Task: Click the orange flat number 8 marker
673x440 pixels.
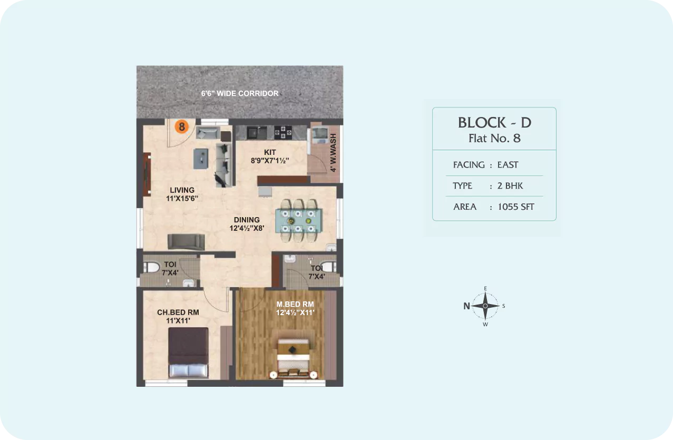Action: click(x=182, y=126)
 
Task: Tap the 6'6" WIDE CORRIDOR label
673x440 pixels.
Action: click(x=240, y=93)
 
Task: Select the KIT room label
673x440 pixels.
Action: click(x=270, y=152)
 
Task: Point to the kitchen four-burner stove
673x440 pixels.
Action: click(x=282, y=132)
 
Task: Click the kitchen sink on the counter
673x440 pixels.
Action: click(x=256, y=132)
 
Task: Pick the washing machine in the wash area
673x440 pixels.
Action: click(x=320, y=135)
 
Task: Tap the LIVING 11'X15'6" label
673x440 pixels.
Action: click(x=182, y=194)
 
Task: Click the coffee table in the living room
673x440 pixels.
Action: click(x=201, y=158)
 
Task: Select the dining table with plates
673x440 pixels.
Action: click(x=298, y=221)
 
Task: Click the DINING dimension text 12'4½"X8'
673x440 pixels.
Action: click(x=247, y=228)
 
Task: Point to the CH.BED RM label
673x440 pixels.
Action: click(x=178, y=312)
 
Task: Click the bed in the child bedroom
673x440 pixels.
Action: click(x=188, y=353)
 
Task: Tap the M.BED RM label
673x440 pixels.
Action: click(x=295, y=304)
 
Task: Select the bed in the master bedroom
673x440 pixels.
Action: click(x=294, y=358)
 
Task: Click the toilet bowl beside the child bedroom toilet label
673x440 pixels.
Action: click(x=151, y=267)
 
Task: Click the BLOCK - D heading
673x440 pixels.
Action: click(x=494, y=123)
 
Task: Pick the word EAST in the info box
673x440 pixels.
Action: click(x=508, y=164)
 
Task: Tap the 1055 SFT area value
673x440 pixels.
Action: click(x=516, y=207)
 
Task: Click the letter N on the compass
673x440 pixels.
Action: click(x=466, y=306)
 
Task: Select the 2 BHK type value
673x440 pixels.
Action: click(x=510, y=185)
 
